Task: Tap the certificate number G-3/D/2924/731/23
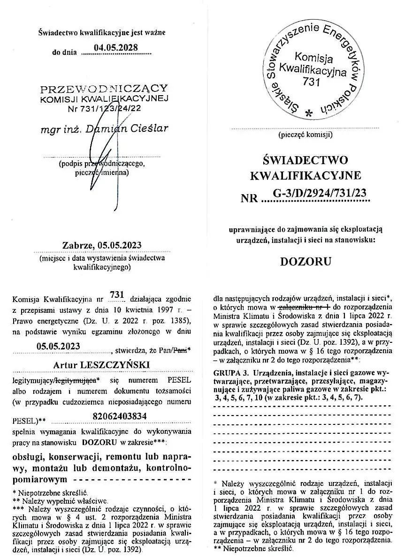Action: click(319, 192)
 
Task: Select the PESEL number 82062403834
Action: click(116, 415)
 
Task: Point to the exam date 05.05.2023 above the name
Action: click(58, 346)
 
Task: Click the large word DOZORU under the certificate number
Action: click(306, 261)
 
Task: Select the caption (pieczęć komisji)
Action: click(306, 135)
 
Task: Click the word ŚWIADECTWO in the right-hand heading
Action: click(306, 161)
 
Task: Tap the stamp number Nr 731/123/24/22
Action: click(104, 108)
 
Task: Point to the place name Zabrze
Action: click(78, 245)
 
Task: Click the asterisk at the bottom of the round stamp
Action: click(308, 113)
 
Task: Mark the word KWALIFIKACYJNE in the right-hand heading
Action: click(306, 176)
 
